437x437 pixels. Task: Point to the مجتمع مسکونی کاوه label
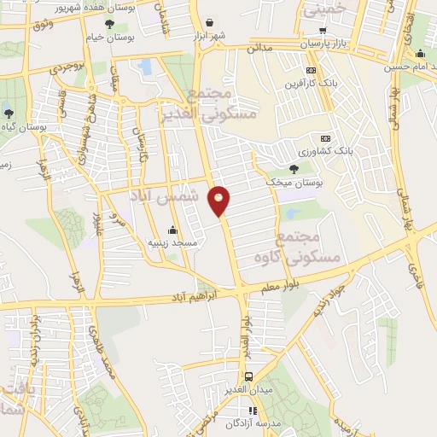tap(309, 236)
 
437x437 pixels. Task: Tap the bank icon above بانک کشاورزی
tap(325, 138)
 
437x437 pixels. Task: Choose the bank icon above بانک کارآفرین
tap(311, 70)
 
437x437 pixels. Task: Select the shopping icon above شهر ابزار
tap(211, 22)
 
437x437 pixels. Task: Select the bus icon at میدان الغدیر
tap(248, 376)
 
